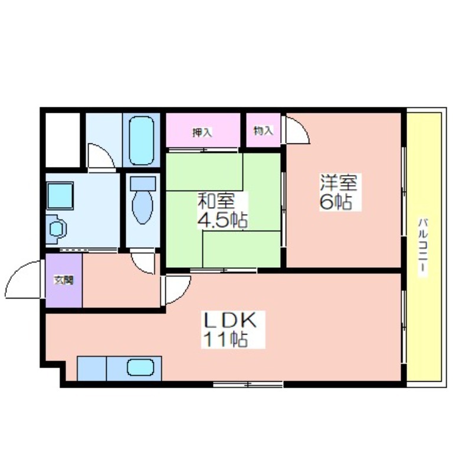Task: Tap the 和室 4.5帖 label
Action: click(x=222, y=211)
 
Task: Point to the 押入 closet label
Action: click(x=202, y=132)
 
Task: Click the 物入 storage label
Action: click(x=263, y=131)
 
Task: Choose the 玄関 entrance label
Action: click(x=64, y=280)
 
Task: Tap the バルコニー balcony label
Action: click(x=422, y=245)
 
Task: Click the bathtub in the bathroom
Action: click(x=142, y=140)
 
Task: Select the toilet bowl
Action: click(x=142, y=207)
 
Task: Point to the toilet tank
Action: click(x=143, y=183)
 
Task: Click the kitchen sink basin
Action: click(x=140, y=367)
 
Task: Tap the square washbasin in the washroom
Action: click(x=60, y=196)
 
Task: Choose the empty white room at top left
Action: click(x=63, y=140)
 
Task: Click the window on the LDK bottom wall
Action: click(x=248, y=384)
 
